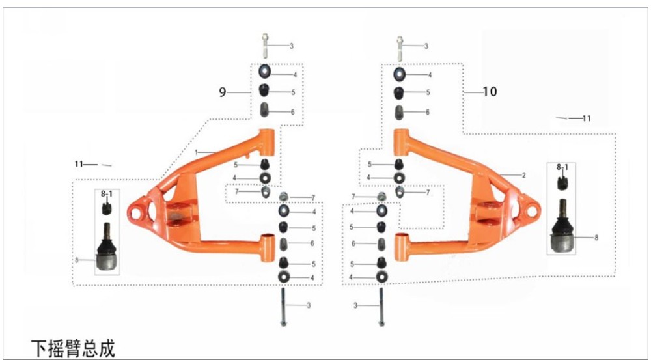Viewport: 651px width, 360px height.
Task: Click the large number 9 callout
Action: tap(223, 92)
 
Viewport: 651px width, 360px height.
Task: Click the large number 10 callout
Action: tap(490, 91)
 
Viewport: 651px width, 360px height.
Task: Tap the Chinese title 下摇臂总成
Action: tap(73, 348)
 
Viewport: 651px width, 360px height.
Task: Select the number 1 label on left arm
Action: tap(197, 153)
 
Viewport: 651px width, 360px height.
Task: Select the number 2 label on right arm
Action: tap(524, 176)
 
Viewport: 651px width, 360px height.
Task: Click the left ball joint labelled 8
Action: tap(107, 246)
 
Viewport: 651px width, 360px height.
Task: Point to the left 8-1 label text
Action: tap(107, 193)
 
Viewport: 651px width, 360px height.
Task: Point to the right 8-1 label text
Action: tap(562, 167)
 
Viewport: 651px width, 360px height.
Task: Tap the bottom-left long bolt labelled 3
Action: tap(283, 308)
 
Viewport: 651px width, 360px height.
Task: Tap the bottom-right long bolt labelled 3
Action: tap(381, 308)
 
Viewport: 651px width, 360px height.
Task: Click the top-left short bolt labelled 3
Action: tap(265, 46)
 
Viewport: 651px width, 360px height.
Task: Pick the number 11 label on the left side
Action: tap(79, 165)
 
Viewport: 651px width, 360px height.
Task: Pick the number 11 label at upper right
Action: tap(587, 118)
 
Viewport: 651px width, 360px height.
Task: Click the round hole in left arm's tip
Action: tap(135, 214)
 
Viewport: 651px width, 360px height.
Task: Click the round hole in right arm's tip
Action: tap(531, 211)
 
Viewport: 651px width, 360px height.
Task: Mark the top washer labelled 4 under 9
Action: tap(265, 72)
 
